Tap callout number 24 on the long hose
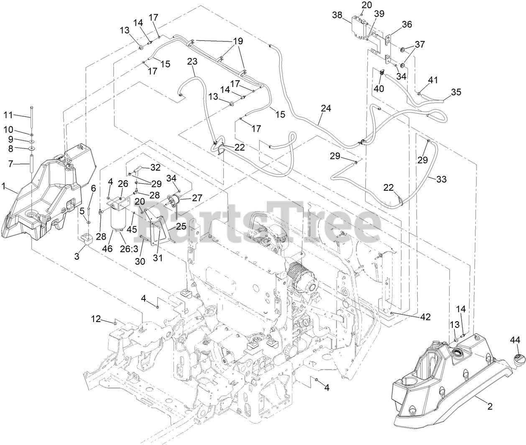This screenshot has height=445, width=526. click(326, 108)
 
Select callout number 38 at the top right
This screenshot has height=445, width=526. click(337, 16)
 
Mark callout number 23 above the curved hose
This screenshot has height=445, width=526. click(192, 61)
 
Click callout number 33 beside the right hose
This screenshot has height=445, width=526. click(441, 179)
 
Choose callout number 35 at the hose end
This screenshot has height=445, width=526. click(456, 92)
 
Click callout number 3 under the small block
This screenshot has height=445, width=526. click(77, 256)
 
